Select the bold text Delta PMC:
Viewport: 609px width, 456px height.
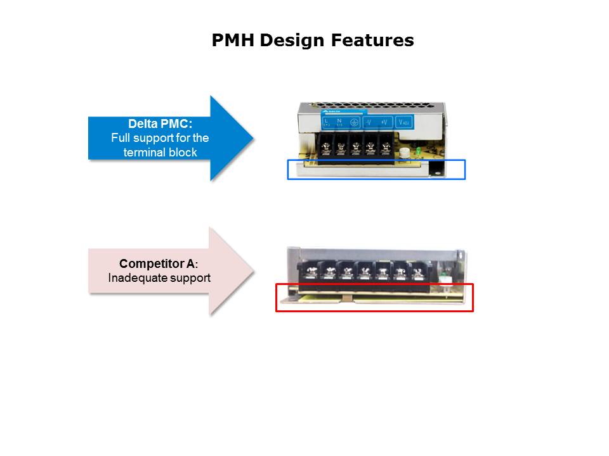160,125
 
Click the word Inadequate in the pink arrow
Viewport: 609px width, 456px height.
136,277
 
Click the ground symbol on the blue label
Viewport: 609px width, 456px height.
355,122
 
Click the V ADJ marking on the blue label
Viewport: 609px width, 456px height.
403,122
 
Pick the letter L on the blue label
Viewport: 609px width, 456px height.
327,120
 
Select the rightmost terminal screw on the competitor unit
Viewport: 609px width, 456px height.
419,273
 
